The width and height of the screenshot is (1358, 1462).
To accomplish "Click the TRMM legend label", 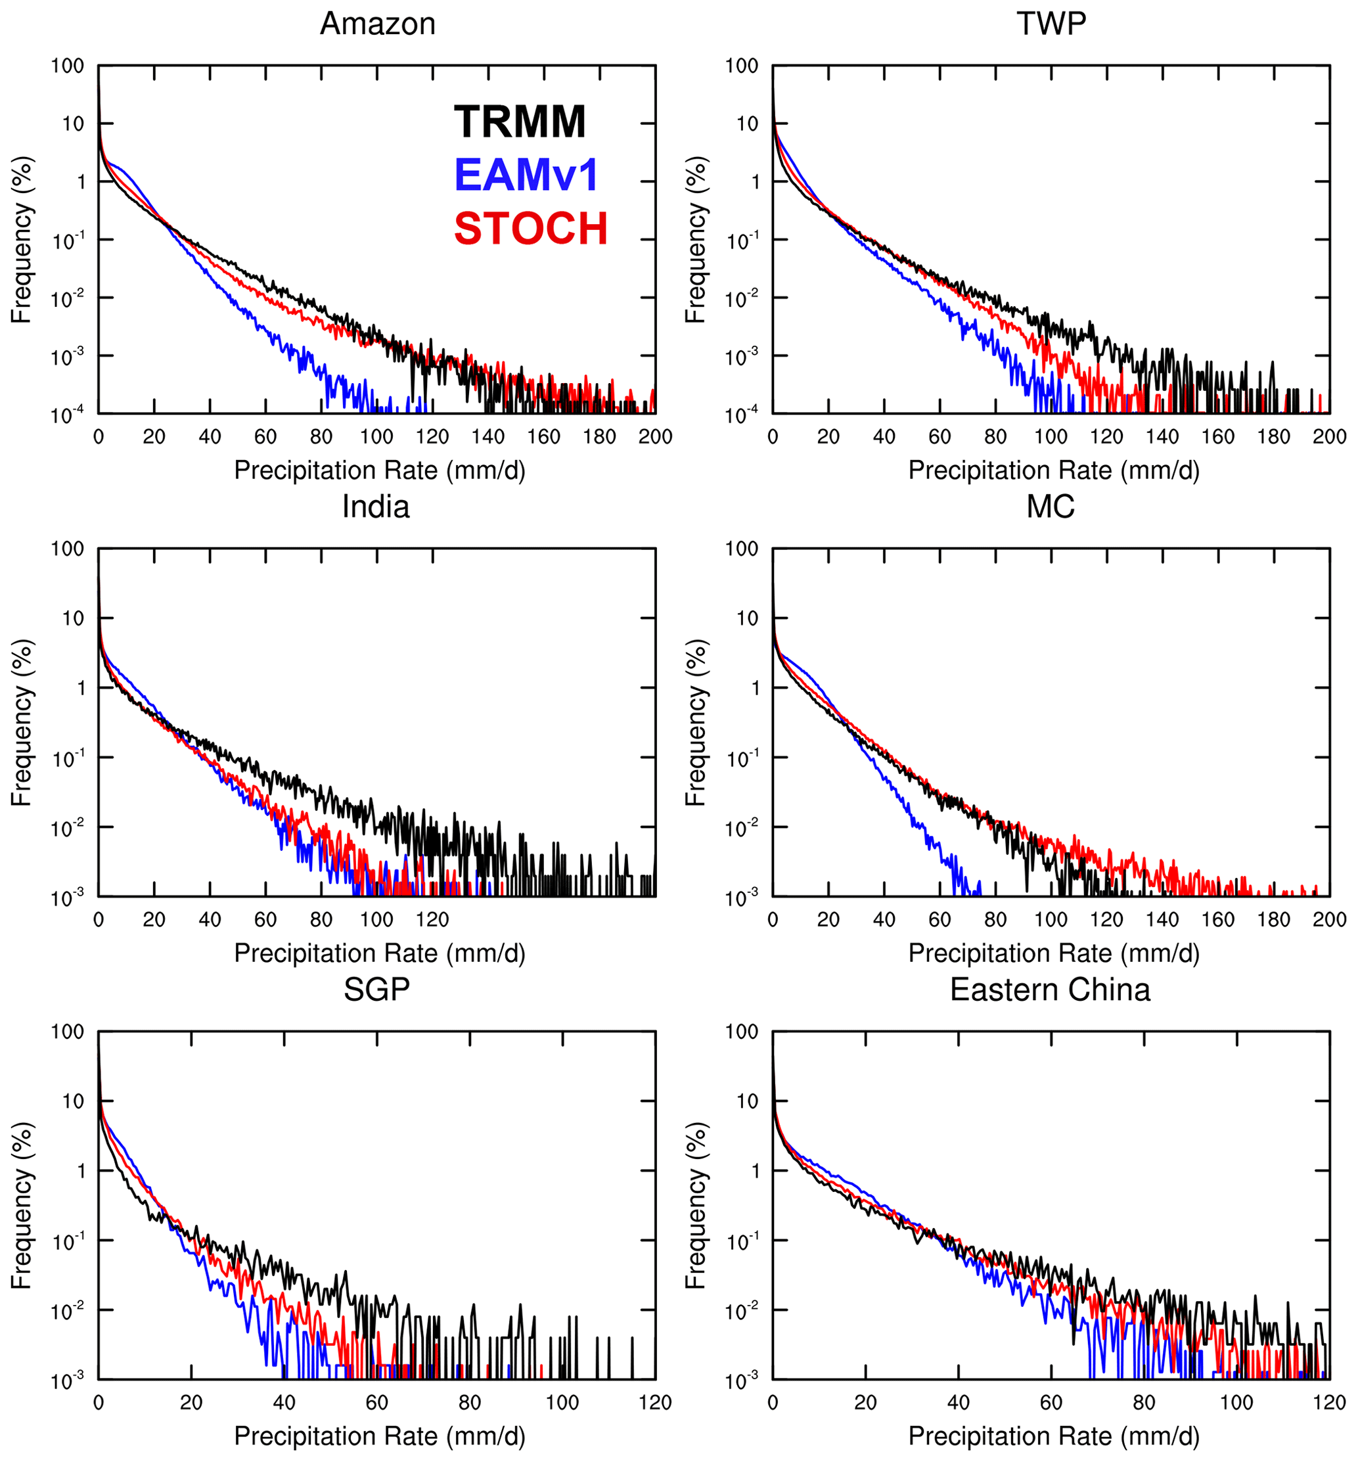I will [520, 122].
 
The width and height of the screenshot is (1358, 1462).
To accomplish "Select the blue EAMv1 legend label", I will [526, 175].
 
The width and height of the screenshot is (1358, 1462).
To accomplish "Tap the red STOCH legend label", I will [531, 228].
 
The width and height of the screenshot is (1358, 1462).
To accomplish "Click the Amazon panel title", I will [378, 24].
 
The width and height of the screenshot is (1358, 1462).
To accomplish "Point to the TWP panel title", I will [1051, 24].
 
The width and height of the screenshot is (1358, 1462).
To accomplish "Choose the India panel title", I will [376, 507].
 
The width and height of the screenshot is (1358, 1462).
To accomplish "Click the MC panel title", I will [1050, 507].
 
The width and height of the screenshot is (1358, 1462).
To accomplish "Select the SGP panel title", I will [376, 990].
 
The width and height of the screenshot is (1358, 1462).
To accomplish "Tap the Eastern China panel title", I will [1050, 990].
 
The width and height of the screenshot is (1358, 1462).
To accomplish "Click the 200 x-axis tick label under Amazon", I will [655, 436].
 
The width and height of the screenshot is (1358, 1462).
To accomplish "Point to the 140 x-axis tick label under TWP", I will [1162, 436].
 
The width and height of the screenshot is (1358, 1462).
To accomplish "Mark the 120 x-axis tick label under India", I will [432, 919].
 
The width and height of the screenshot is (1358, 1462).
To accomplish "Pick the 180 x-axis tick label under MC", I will [1273, 919].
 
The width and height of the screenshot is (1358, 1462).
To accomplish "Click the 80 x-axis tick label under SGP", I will [470, 1402].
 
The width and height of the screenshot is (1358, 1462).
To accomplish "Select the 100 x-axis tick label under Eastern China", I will [1236, 1402].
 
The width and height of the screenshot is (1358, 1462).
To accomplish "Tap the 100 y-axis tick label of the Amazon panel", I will [67, 66].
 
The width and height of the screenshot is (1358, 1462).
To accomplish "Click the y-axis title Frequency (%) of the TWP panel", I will [695, 240].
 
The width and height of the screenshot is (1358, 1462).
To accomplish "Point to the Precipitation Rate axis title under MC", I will [1054, 953].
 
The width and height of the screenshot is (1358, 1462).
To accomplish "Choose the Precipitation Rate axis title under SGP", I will [379, 1436].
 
